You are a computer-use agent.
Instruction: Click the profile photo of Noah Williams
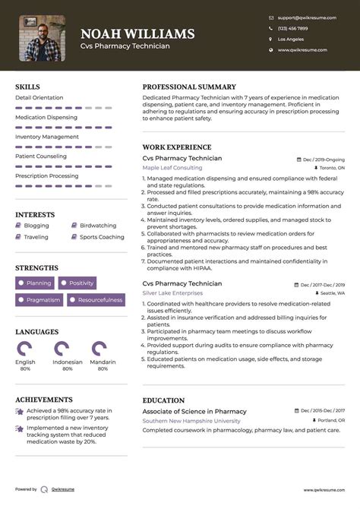click(x=42, y=38)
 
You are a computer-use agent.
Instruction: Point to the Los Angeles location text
click(x=291, y=39)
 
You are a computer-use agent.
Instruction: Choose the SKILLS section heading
click(x=27, y=87)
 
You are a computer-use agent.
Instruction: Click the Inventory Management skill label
click(x=46, y=137)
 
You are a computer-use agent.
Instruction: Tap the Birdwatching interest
click(x=98, y=226)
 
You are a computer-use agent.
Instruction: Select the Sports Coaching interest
click(x=102, y=237)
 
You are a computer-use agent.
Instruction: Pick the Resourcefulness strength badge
click(x=96, y=300)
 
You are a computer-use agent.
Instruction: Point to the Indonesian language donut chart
click(x=62, y=349)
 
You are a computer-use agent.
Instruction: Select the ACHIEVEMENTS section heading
click(x=44, y=400)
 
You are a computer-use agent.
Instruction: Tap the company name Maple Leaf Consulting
click(x=172, y=167)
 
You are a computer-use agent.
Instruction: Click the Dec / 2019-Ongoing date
click(x=324, y=160)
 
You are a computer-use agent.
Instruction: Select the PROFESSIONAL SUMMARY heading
click(x=189, y=87)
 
